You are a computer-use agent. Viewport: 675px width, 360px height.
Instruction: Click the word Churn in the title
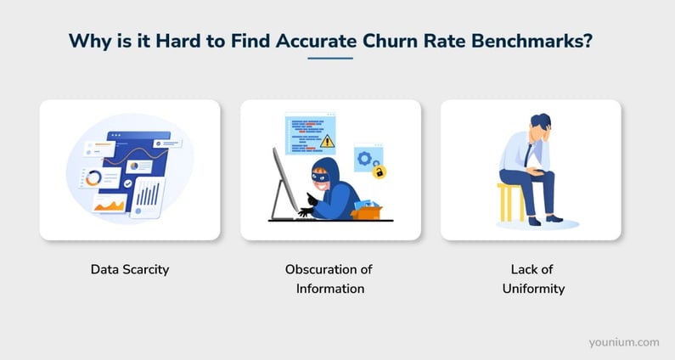pyautogui.click(x=390, y=41)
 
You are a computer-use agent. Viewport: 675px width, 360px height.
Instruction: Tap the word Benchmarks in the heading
pyautogui.click(x=532, y=41)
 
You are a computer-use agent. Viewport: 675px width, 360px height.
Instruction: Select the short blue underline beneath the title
pyautogui.click(x=330, y=58)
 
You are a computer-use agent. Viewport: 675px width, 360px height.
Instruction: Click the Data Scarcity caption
pyautogui.click(x=130, y=269)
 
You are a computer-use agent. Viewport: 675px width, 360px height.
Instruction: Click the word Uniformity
pyautogui.click(x=533, y=289)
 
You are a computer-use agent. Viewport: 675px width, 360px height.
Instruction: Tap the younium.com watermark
pyautogui.click(x=624, y=343)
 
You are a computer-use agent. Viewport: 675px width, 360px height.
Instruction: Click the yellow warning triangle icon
pyautogui.click(x=327, y=141)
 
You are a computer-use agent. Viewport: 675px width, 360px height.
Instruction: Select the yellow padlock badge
pyautogui.click(x=380, y=172)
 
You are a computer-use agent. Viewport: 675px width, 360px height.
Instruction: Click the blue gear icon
pyautogui.click(x=364, y=159)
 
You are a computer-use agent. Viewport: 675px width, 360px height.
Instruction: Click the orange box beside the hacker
pyautogui.click(x=366, y=213)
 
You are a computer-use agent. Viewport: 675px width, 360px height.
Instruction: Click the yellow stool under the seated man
pyautogui.click(x=511, y=202)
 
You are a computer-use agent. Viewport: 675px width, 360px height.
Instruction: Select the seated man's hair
pyautogui.click(x=541, y=121)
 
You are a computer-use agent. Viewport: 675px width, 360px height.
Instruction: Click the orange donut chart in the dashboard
pyautogui.click(x=93, y=177)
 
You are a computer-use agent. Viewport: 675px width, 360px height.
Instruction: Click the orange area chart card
pyautogui.click(x=110, y=204)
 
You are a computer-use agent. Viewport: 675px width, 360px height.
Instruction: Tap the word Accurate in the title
pyautogui.click(x=316, y=41)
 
